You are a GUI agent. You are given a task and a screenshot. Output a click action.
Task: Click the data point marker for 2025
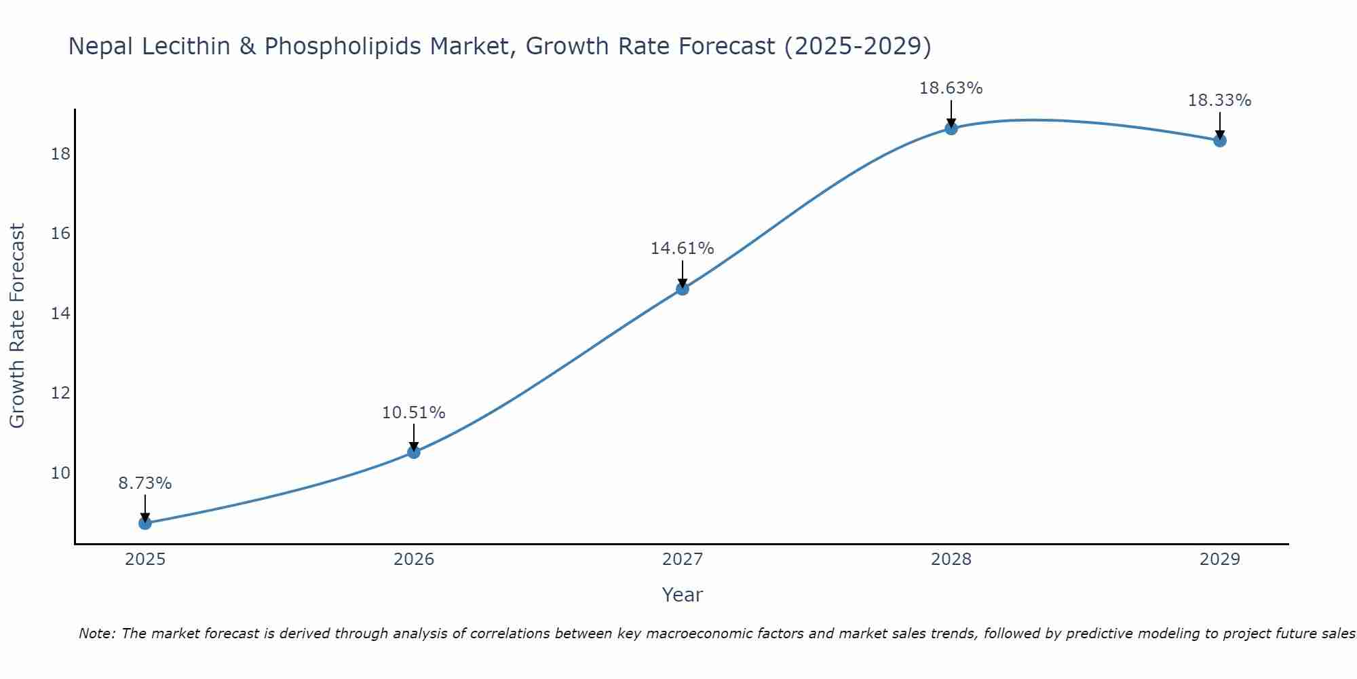click(x=145, y=523)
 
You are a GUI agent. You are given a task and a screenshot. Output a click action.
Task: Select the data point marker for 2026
click(x=414, y=452)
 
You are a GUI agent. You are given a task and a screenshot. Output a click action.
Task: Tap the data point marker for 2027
click(x=683, y=289)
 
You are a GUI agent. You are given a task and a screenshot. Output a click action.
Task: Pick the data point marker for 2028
click(x=951, y=128)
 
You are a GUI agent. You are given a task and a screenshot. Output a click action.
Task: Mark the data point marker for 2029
click(x=1220, y=141)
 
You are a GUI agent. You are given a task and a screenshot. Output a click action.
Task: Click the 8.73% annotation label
click(x=145, y=483)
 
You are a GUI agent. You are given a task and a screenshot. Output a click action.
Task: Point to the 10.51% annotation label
click(x=414, y=413)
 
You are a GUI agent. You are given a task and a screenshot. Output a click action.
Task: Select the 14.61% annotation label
click(x=683, y=249)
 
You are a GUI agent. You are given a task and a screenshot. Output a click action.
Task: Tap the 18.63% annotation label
click(x=951, y=88)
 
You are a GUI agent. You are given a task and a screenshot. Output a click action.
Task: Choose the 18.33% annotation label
click(x=1220, y=100)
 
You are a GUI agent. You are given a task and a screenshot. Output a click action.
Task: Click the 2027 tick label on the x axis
click(x=683, y=559)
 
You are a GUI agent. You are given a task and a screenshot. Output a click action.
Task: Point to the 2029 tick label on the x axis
click(x=1220, y=559)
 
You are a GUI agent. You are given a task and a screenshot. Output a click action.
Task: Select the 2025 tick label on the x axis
click(x=145, y=559)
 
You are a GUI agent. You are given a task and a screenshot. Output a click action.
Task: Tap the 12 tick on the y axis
click(x=60, y=393)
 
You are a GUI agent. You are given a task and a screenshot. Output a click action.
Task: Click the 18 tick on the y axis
click(x=60, y=154)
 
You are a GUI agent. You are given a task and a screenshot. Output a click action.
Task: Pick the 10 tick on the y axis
click(x=60, y=473)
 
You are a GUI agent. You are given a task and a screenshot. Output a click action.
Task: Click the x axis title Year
click(x=683, y=595)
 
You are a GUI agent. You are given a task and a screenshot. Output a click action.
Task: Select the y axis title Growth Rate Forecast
click(x=18, y=326)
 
